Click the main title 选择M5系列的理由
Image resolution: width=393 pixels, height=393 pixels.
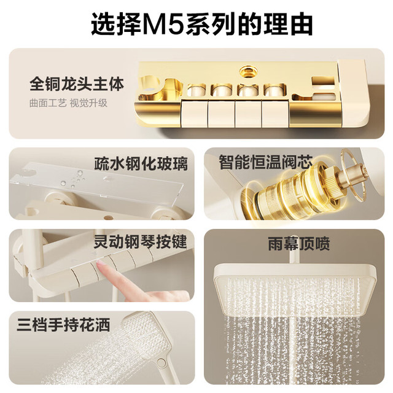(202, 25)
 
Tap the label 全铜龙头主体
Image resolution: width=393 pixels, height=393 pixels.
(77, 84)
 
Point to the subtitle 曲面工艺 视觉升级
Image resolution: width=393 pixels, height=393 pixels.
(68, 103)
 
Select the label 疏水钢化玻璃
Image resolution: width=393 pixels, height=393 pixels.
(141, 164)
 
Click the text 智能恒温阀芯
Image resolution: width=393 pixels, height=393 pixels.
(266, 162)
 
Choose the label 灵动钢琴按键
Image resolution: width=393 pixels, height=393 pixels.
(141, 241)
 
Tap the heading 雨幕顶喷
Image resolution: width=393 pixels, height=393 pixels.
(299, 244)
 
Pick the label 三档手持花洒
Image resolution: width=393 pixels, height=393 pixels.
(63, 325)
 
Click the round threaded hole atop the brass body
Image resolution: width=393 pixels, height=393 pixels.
(247, 71)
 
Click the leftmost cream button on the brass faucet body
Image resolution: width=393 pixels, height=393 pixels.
(194, 113)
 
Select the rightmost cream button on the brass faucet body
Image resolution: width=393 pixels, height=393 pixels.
(275, 113)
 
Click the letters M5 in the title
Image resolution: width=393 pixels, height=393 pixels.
(164, 25)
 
